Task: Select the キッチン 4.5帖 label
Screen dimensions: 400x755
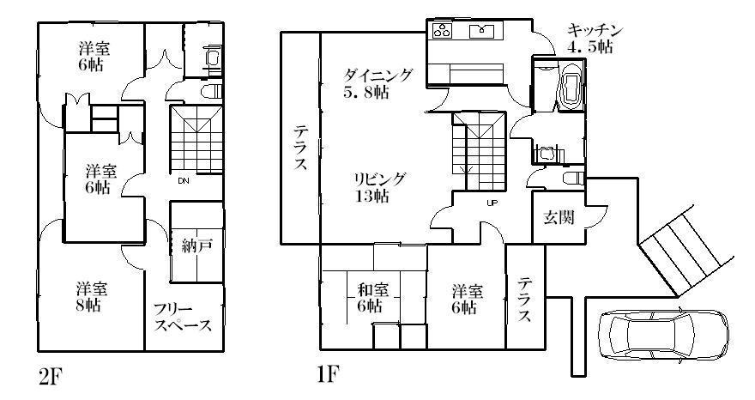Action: point(595,39)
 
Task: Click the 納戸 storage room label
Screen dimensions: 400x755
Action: point(197,245)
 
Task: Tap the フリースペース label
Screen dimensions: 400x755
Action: point(183,318)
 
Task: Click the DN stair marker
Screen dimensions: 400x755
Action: point(184,181)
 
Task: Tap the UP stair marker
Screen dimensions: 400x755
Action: point(492,203)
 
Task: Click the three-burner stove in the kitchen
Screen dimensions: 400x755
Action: point(442,32)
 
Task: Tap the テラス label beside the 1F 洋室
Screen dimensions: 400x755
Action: point(524,300)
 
